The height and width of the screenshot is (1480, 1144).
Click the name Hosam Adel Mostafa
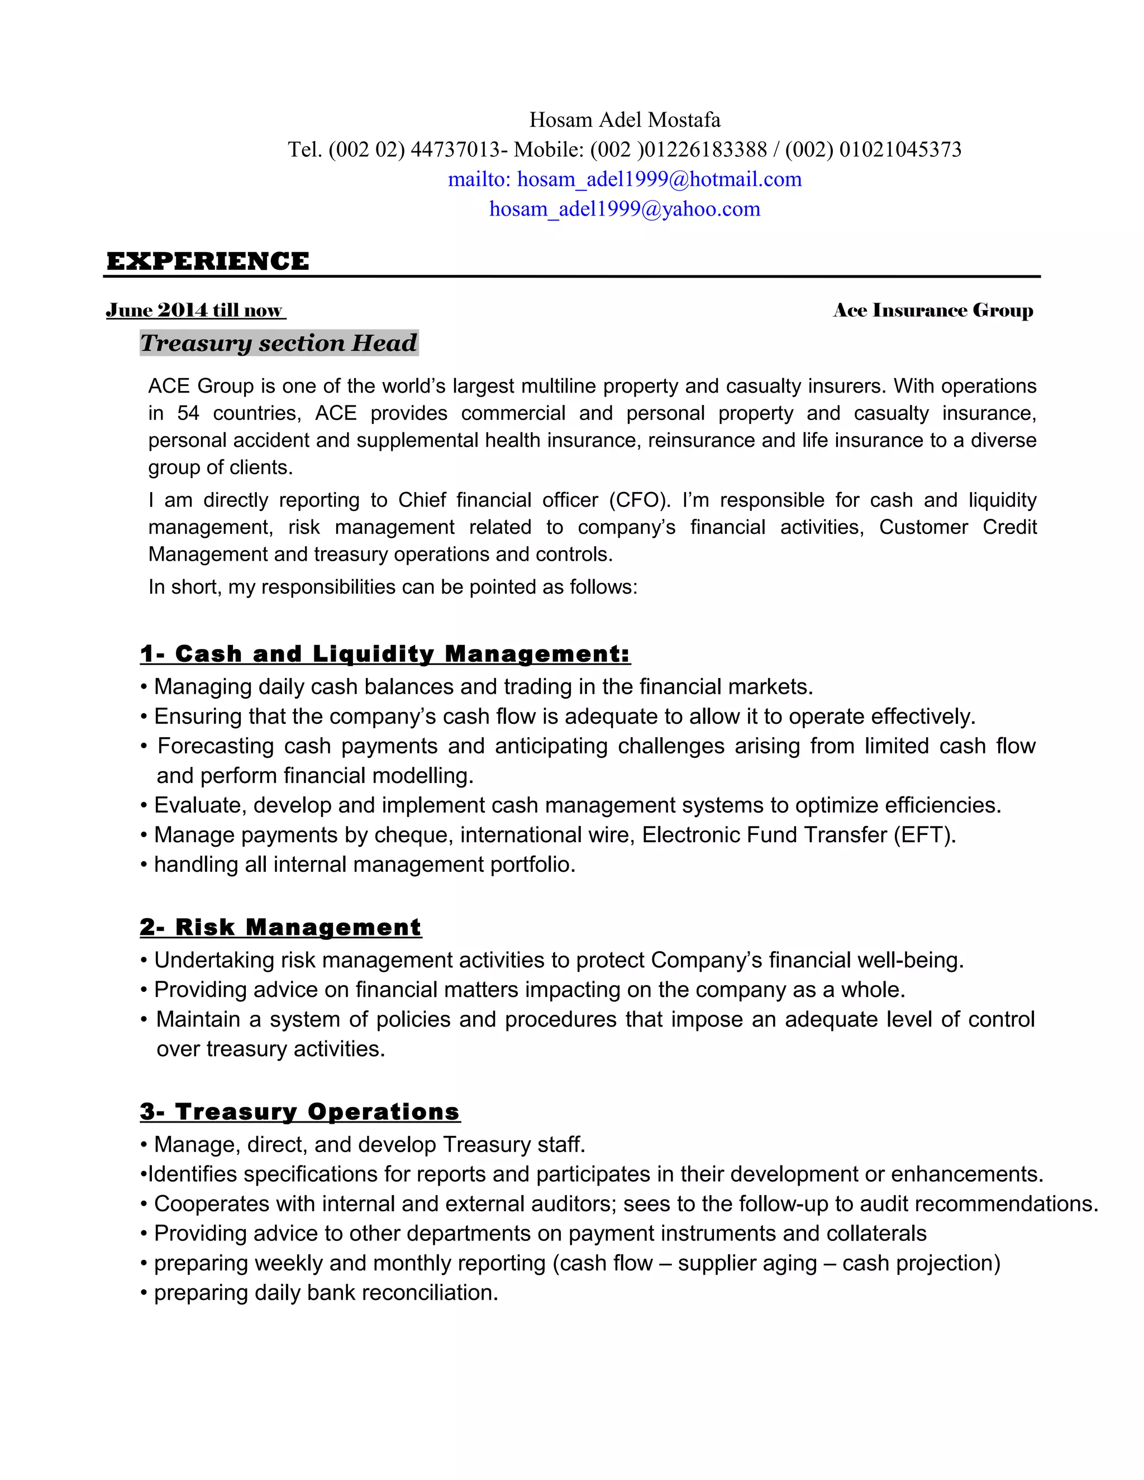(x=624, y=120)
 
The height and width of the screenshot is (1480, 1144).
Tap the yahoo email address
(x=624, y=209)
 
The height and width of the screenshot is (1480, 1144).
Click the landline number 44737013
(x=455, y=150)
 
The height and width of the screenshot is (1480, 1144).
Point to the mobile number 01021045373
(x=900, y=150)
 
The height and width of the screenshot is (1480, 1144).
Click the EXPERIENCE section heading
(x=207, y=261)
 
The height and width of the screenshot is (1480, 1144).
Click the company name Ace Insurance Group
(x=932, y=311)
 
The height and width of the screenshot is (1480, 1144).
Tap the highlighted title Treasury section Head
(x=279, y=343)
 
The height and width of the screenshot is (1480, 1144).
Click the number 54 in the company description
(x=188, y=413)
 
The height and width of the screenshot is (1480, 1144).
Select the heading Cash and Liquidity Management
(x=385, y=654)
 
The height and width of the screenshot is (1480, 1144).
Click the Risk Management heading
(x=280, y=927)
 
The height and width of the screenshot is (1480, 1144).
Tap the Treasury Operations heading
(x=299, y=1112)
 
